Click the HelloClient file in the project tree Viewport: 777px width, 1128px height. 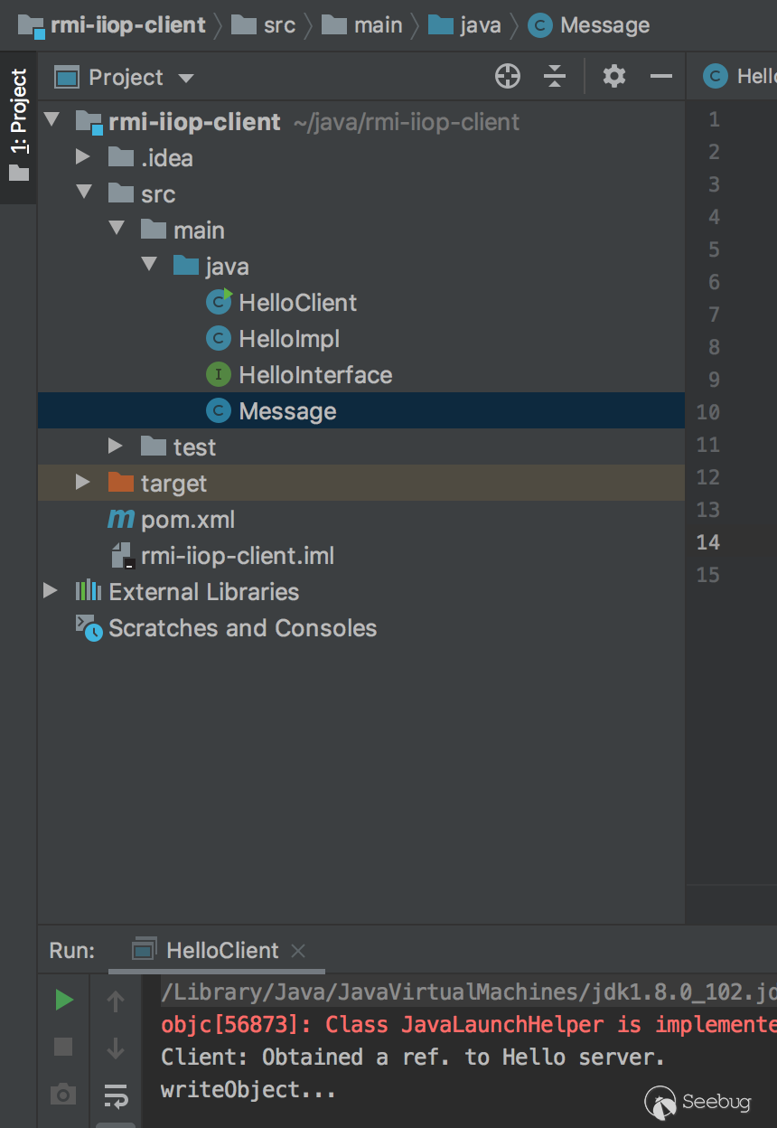[297, 303]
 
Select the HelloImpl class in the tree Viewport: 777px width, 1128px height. [289, 339]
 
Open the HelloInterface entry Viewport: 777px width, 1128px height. [315, 375]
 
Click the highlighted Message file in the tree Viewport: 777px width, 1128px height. [287, 411]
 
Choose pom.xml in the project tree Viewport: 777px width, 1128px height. [187, 520]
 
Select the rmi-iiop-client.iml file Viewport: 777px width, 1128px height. [237, 556]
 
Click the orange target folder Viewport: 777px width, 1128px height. [173, 484]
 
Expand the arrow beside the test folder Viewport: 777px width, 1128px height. [115, 446]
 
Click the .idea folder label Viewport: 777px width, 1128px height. [166, 158]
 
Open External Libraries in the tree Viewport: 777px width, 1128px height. [203, 592]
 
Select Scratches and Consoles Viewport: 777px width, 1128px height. [242, 628]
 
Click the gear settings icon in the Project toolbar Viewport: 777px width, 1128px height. [614, 77]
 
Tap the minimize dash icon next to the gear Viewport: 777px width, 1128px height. [661, 77]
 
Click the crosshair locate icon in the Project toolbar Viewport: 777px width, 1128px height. [508, 77]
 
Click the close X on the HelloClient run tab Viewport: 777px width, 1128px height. [298, 951]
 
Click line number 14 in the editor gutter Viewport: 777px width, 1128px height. [708, 542]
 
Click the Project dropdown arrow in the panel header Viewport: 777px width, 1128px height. [186, 78]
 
